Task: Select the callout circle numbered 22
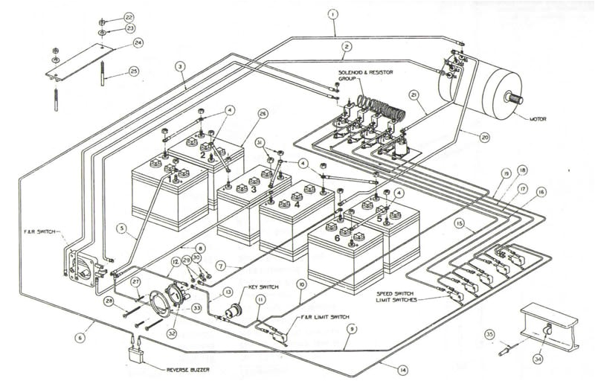pos(129,16)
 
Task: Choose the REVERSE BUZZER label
pos(184,369)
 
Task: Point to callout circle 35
pos(489,335)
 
